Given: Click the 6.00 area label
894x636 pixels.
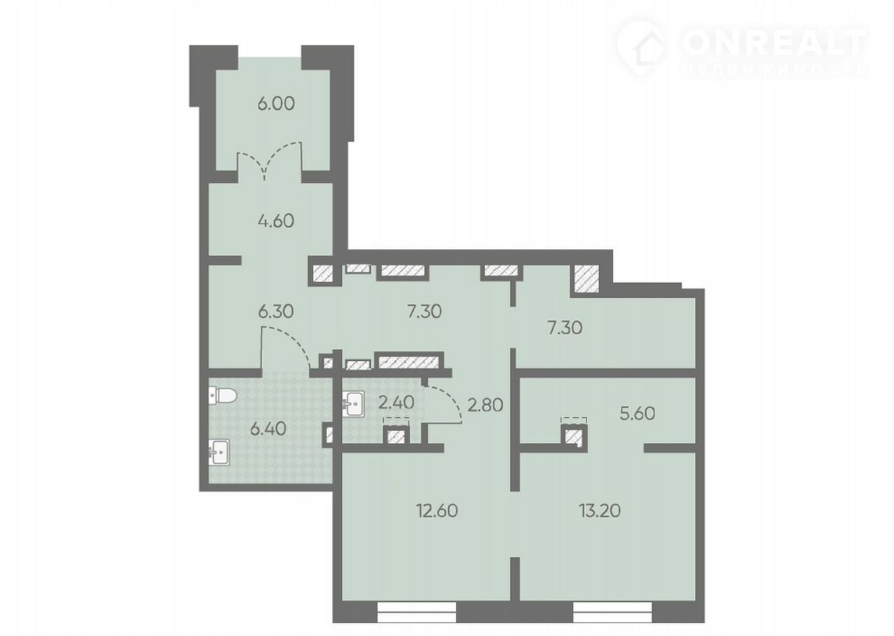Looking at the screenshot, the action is pos(276,103).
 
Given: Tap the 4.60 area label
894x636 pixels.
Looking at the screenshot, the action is pos(276,221).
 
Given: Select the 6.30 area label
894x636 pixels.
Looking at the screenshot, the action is pos(276,311).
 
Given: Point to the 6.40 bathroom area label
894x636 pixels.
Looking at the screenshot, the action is pos(268,429).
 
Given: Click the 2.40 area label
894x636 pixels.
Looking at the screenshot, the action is pos(396,403).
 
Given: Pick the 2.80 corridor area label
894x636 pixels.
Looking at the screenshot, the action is pos(485,405).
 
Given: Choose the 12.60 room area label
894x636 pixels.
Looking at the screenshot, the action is pos(437,511).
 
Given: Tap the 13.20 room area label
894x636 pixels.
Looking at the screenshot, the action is pos(600,511).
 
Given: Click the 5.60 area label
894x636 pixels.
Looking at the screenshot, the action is pos(637,413).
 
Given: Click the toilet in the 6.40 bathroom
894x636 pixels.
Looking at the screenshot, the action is pos(223,396).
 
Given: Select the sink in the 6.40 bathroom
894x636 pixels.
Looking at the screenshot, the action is pos(219,452).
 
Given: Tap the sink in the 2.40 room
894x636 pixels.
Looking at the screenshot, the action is pos(353,404).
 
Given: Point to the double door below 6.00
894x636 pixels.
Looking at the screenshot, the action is pos(269,160).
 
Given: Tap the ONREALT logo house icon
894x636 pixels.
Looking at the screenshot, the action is pos(642,49).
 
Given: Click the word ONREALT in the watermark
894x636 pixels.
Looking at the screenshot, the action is pos(774,43).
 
